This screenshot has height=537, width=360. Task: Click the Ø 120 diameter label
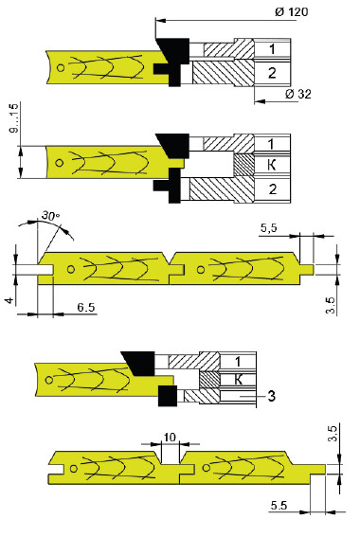291,11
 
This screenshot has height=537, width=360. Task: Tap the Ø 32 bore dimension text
298,94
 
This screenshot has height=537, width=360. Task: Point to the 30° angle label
51,216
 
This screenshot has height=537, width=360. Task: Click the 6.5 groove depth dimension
85,307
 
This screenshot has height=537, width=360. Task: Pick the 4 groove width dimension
9,300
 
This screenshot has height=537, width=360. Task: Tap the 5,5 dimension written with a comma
269,228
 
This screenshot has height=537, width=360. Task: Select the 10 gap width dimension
170,438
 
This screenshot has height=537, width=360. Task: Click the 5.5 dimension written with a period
279,506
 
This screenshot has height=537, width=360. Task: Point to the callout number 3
271,396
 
